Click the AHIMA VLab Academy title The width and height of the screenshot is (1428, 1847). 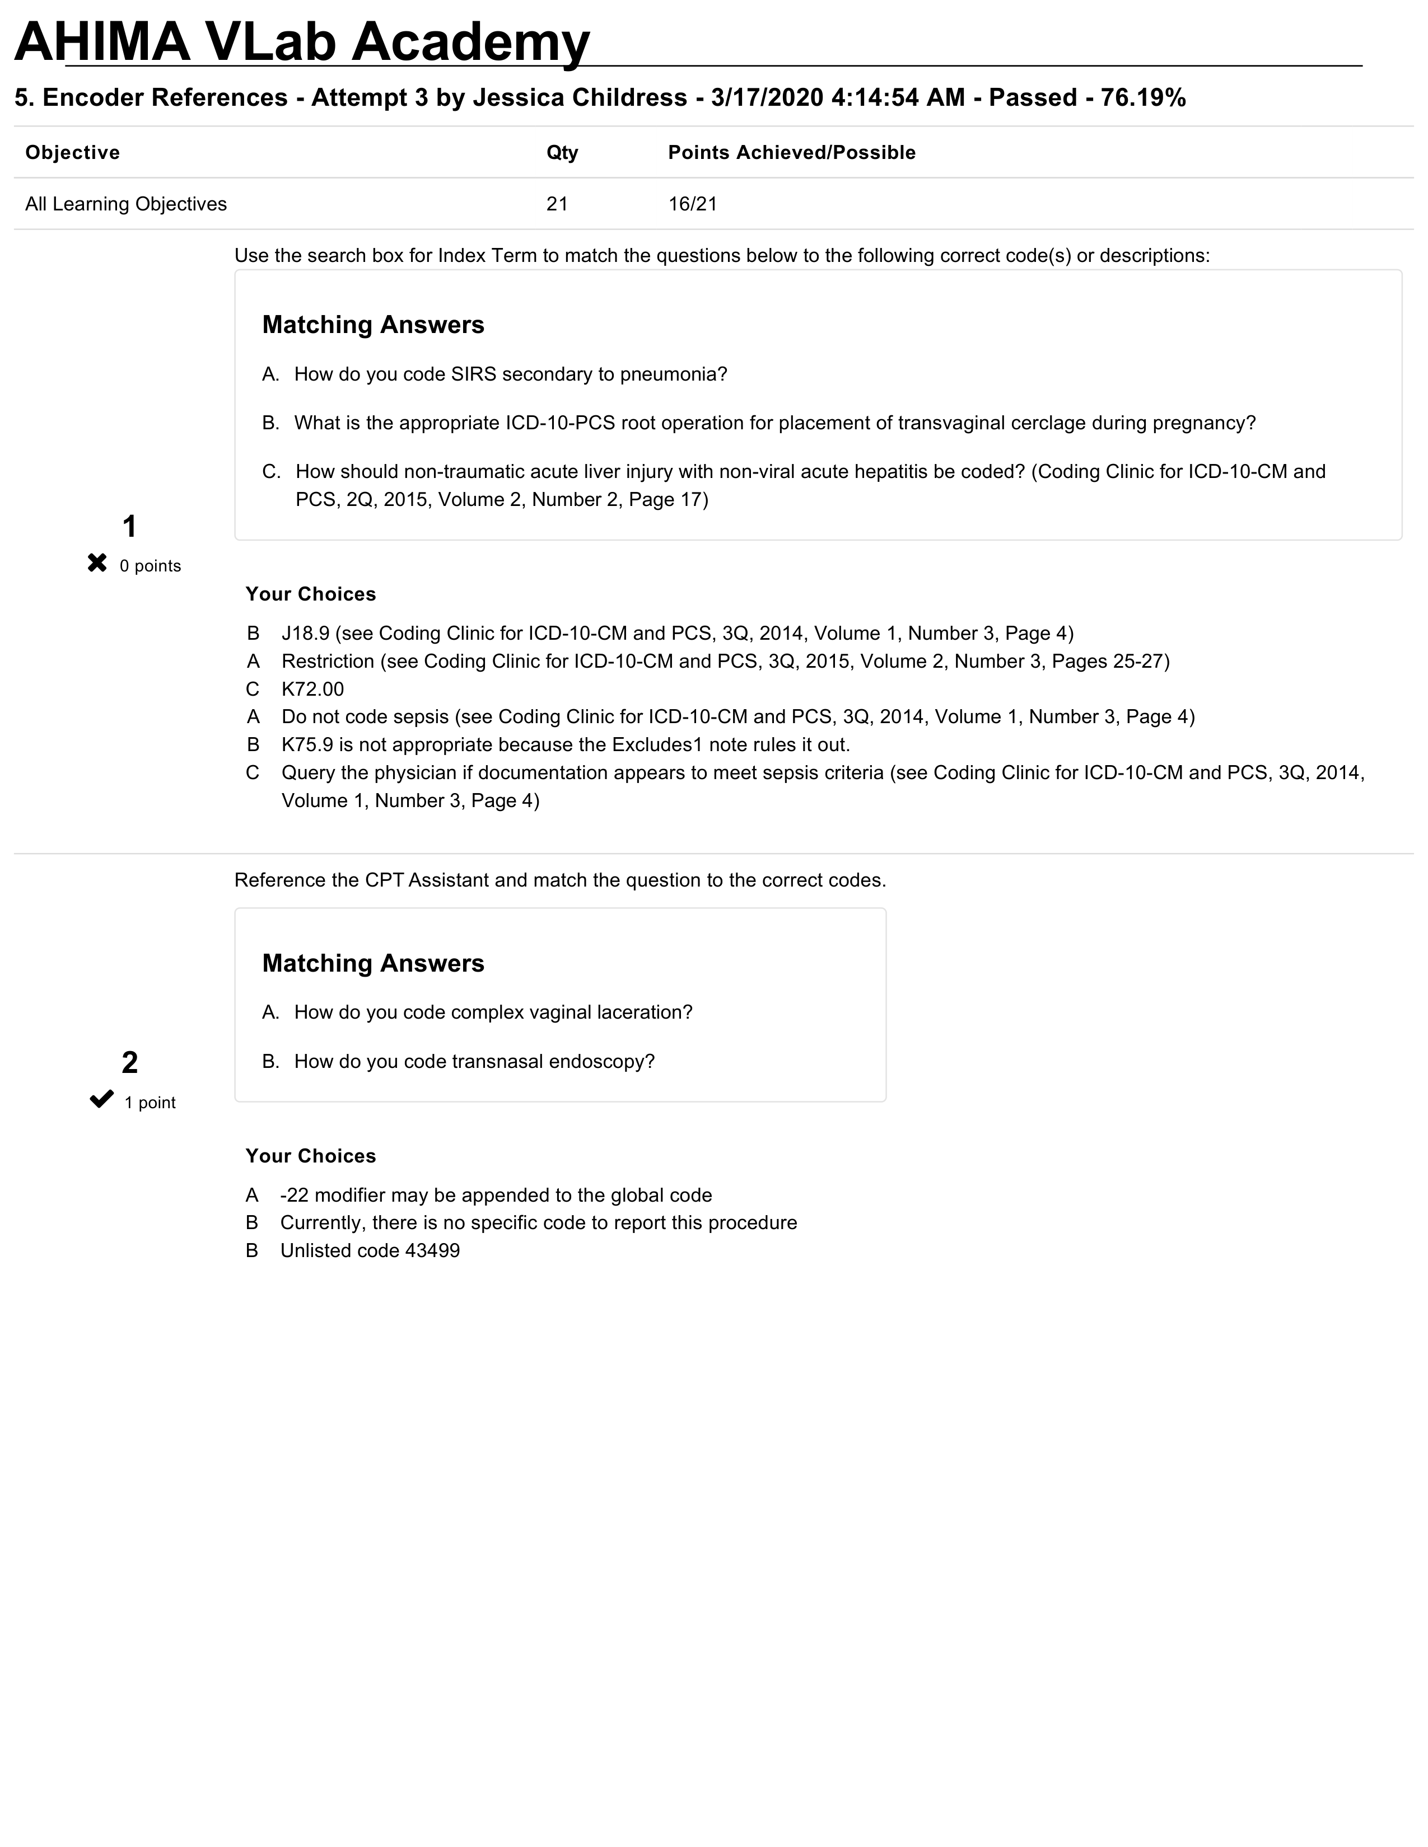302,43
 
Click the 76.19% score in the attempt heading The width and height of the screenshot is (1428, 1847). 1143,98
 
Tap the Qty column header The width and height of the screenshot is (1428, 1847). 562,153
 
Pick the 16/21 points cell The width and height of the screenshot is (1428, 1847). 692,204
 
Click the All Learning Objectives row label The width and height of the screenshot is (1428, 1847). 126,204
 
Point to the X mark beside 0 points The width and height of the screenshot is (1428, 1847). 97,563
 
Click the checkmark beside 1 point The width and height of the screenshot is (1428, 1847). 101,1099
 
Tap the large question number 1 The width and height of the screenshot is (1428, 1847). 129,527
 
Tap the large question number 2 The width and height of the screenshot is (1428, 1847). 129,1063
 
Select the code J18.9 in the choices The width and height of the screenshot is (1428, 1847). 305,634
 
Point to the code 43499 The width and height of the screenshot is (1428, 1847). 432,1251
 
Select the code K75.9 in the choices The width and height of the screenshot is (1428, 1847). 307,745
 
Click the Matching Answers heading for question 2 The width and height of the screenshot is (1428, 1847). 373,963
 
